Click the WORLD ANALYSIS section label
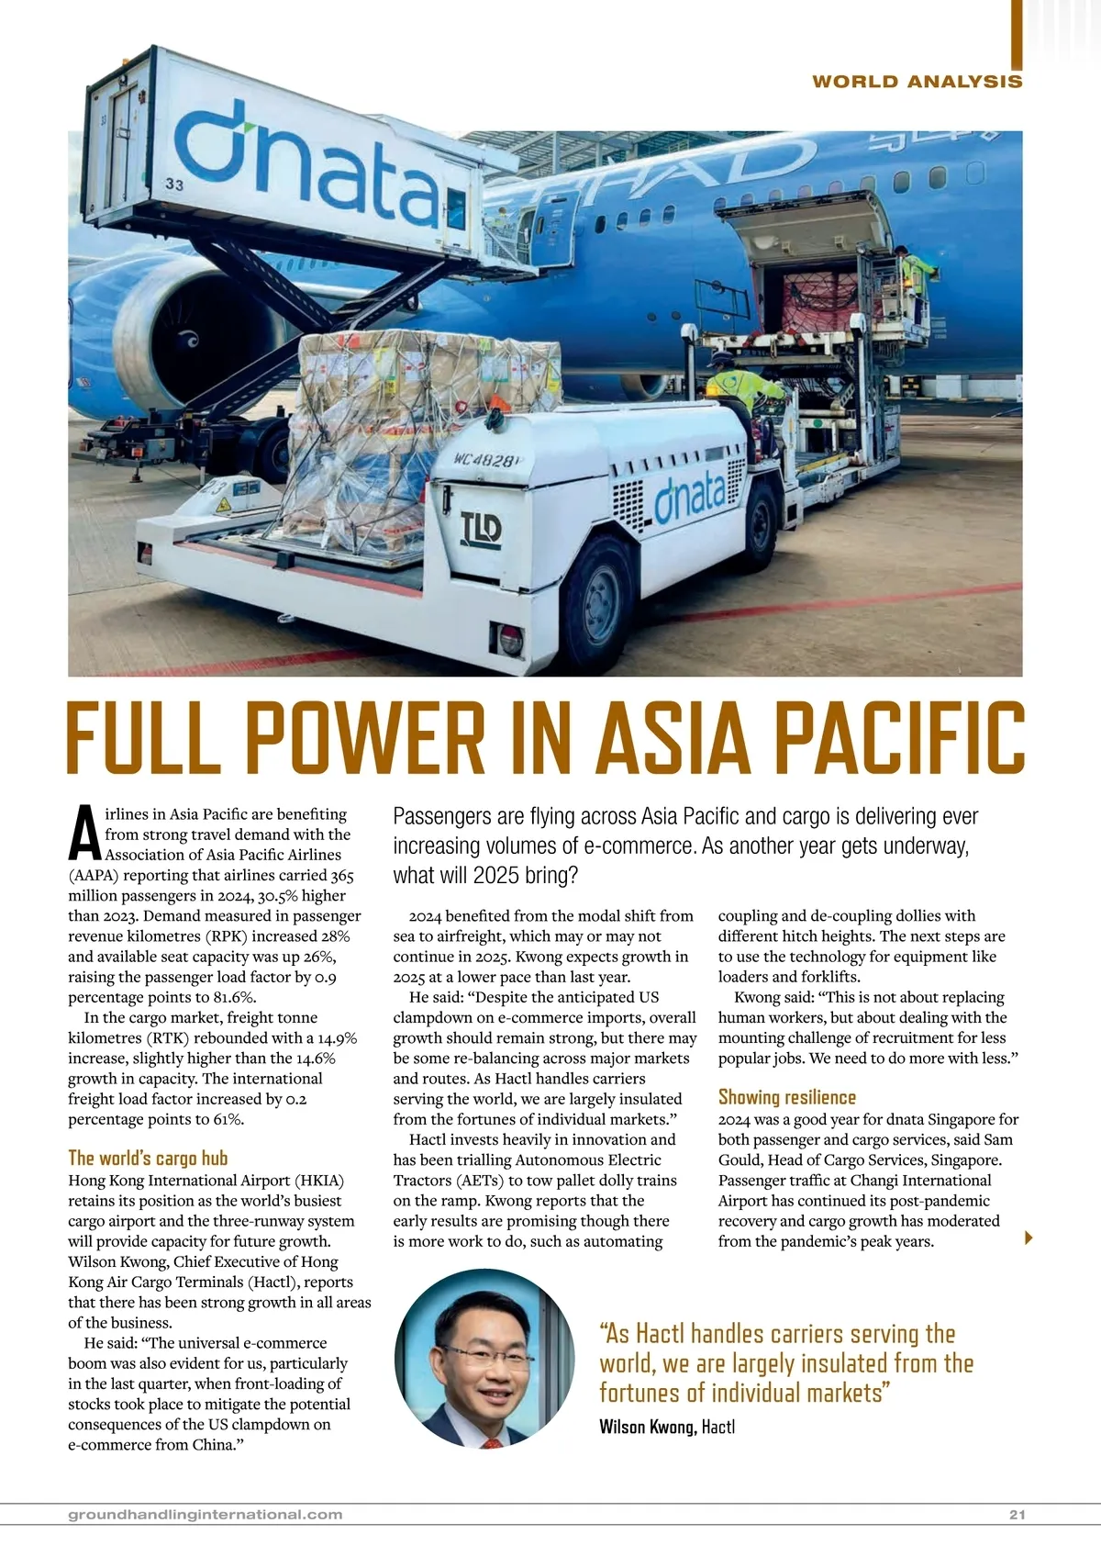(917, 82)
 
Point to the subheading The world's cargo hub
(148, 1158)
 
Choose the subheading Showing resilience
(786, 1097)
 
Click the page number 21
(1016, 1515)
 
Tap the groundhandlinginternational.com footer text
(206, 1515)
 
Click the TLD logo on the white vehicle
(481, 530)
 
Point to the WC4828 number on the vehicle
(486, 457)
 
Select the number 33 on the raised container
(174, 184)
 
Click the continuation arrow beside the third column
(1029, 1238)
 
